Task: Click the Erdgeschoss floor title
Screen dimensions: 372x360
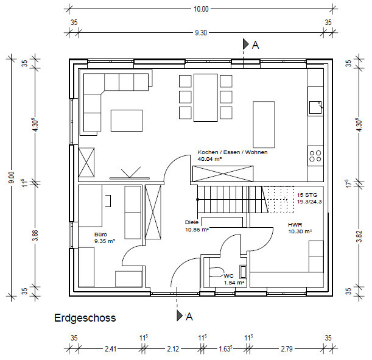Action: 85,318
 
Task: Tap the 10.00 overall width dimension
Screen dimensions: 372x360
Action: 201,9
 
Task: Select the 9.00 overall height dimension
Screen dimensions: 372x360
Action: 12,177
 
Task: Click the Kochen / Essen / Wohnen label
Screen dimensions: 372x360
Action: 233,152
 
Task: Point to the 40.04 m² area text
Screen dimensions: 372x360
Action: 209,159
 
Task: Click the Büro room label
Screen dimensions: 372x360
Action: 101,235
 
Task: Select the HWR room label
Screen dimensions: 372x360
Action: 295,225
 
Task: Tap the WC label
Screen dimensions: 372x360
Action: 228,276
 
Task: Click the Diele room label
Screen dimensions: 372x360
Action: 192,222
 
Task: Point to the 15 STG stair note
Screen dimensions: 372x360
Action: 307,195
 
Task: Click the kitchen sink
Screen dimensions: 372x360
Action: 315,107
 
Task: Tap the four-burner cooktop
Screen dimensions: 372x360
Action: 315,156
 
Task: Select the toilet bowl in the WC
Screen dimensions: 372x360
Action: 217,272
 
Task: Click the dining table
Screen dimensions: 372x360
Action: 206,97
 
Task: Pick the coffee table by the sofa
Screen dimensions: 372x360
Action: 127,121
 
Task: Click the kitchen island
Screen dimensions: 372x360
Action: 264,125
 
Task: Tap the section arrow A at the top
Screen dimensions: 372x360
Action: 251,44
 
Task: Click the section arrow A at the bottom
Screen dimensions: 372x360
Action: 185,316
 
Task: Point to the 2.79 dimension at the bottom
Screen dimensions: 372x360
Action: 287,349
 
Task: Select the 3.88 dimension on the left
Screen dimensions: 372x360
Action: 35,236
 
